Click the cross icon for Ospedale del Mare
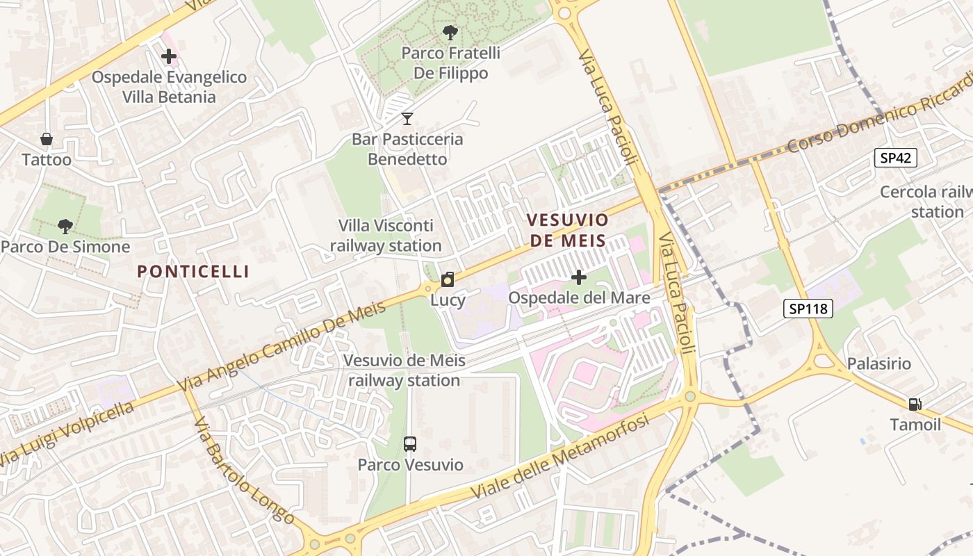[578, 278]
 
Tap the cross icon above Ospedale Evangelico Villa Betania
[169, 57]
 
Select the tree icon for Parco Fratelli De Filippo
[450, 32]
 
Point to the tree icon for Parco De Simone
[65, 226]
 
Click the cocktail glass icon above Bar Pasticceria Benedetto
[407, 119]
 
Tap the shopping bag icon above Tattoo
[47, 139]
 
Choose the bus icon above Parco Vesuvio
[410, 443]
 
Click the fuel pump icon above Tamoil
[915, 404]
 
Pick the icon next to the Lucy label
[448, 280]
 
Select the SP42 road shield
[895, 158]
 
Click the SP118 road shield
[808, 308]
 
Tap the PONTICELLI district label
[193, 271]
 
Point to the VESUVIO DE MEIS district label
[567, 231]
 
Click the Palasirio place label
[878, 363]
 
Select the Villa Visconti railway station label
[386, 236]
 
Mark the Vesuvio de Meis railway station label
[404, 370]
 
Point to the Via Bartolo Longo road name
[243, 473]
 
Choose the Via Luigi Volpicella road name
[66, 434]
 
